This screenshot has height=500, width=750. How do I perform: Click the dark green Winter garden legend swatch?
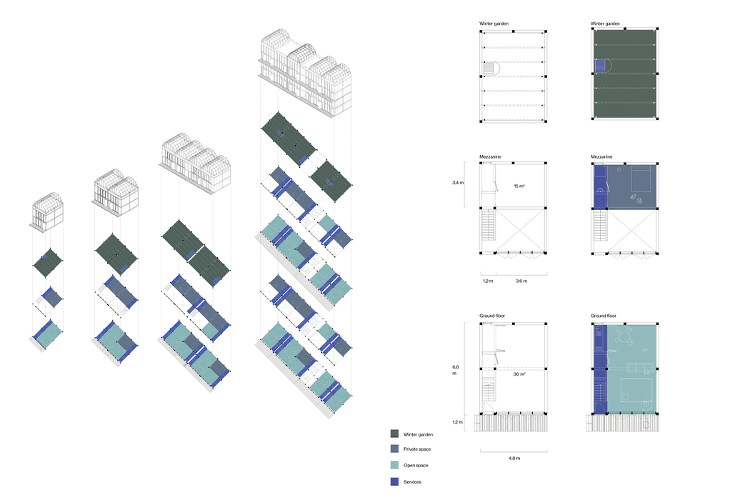tap(394, 434)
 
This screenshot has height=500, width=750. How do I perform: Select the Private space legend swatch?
tap(394, 449)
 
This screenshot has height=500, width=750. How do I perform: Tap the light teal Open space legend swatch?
tap(394, 466)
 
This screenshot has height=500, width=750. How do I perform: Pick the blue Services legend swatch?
tap(394, 482)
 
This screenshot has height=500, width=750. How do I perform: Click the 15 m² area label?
tap(519, 186)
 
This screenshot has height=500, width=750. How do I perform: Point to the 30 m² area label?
tap(519, 374)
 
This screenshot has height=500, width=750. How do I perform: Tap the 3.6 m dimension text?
tap(521, 281)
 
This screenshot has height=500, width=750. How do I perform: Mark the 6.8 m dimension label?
tap(456, 371)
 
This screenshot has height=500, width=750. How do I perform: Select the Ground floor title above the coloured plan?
tap(604, 315)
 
